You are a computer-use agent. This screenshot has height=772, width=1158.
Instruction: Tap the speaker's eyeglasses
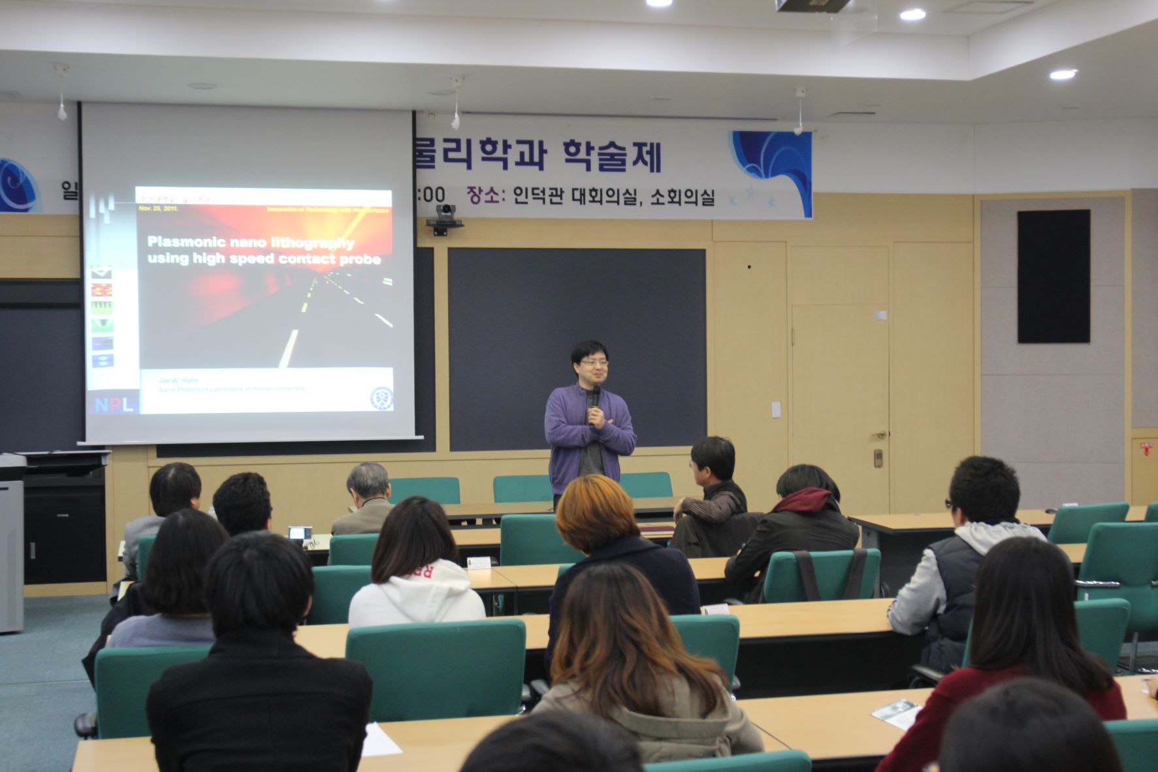[x=594, y=362]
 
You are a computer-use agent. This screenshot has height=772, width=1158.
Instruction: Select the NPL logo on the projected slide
[x=114, y=404]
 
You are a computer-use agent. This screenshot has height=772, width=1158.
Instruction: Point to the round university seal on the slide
[x=381, y=398]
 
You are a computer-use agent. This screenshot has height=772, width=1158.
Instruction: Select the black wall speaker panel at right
[x=1053, y=276]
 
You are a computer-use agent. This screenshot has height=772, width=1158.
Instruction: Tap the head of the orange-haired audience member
[x=594, y=513]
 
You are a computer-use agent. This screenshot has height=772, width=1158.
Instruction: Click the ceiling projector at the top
[x=812, y=6]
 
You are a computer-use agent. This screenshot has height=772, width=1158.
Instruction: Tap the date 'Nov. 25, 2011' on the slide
[x=158, y=209]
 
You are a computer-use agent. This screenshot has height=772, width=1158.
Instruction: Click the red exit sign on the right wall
[x=1146, y=449]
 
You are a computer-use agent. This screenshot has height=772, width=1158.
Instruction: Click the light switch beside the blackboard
[x=776, y=410]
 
